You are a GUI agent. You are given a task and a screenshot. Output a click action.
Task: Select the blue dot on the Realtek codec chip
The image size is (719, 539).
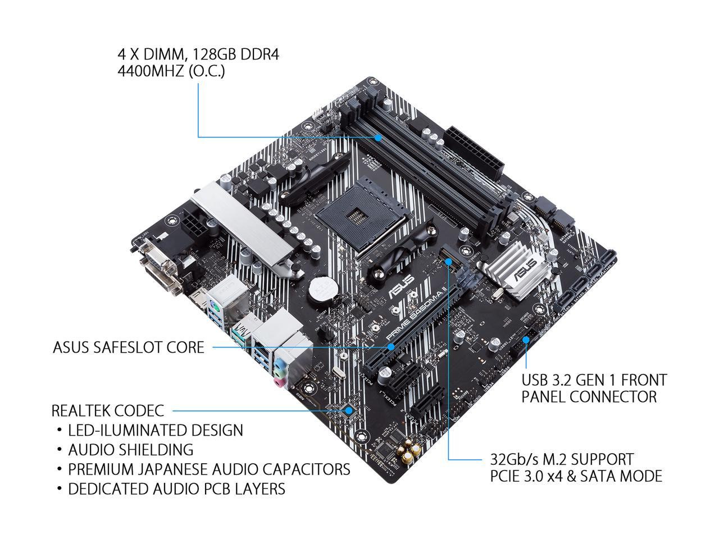click(x=349, y=410)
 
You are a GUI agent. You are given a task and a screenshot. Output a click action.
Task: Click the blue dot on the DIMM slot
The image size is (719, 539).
click(x=378, y=136)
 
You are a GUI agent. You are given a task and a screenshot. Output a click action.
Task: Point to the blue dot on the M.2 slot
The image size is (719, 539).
click(x=449, y=260)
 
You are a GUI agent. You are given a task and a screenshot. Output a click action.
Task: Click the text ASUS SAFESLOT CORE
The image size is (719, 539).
click(x=129, y=348)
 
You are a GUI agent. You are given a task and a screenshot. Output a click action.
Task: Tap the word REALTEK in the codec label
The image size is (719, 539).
click(x=82, y=410)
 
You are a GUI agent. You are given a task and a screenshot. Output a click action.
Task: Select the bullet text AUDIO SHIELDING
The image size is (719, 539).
click(x=130, y=450)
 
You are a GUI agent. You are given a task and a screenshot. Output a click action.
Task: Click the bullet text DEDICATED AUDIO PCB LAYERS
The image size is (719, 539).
click(x=176, y=489)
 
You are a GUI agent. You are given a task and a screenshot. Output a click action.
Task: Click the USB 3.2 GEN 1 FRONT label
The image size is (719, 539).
click(x=594, y=380)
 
